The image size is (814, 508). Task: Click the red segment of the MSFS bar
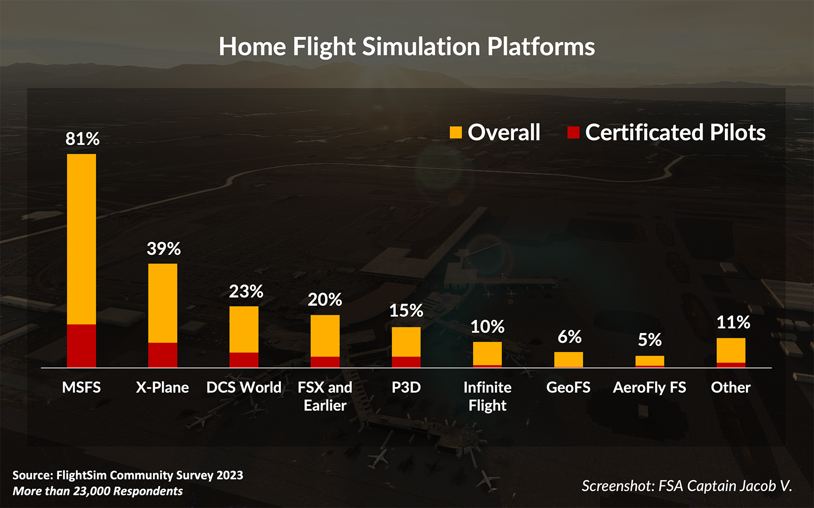coord(81,346)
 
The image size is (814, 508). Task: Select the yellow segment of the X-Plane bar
coord(163,303)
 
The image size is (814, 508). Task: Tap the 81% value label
coord(82,139)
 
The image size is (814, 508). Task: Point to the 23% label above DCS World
coord(246,291)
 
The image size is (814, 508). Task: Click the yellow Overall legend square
coord(456,133)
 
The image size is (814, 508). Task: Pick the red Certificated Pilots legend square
coord(573,133)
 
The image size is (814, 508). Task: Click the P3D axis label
coord(406,387)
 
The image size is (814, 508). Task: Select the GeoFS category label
coord(568,387)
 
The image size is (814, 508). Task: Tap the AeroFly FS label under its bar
coord(649,387)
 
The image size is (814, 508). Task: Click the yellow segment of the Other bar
coord(731,350)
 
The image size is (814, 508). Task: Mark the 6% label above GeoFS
coord(569,337)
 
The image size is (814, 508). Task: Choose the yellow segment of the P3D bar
coord(406,342)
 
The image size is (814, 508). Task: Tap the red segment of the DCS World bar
coord(244,360)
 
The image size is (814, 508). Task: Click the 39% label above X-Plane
coord(163,249)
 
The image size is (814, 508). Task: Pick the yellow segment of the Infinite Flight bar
coord(487,353)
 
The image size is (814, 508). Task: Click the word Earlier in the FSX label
coord(325,406)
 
